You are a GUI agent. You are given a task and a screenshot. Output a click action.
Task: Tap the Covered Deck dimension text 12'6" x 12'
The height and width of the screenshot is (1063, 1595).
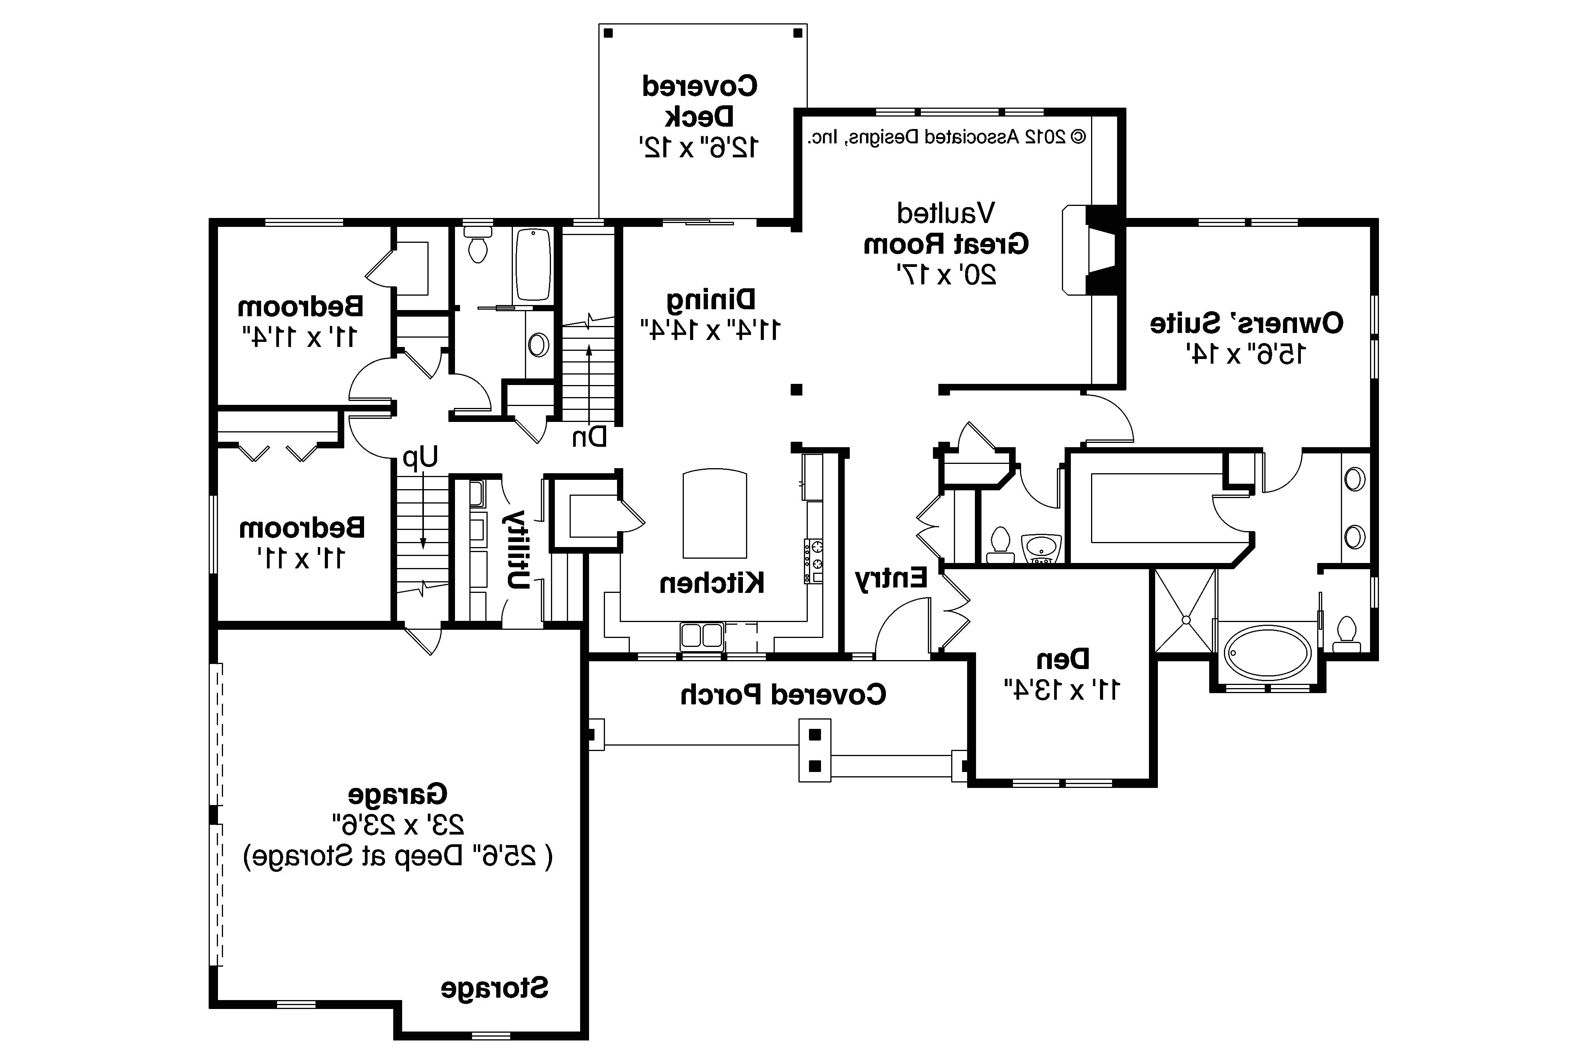699,146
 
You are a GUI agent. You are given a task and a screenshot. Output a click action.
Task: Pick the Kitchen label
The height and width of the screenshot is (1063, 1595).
712,583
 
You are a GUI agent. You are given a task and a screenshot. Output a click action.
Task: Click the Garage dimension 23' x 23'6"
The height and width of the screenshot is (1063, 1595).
398,825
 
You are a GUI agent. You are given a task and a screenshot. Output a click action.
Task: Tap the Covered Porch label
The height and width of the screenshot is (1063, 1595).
783,694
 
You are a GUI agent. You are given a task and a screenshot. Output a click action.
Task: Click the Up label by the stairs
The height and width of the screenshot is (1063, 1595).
420,458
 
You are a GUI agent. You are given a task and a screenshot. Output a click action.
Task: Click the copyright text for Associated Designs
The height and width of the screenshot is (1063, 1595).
946,137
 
